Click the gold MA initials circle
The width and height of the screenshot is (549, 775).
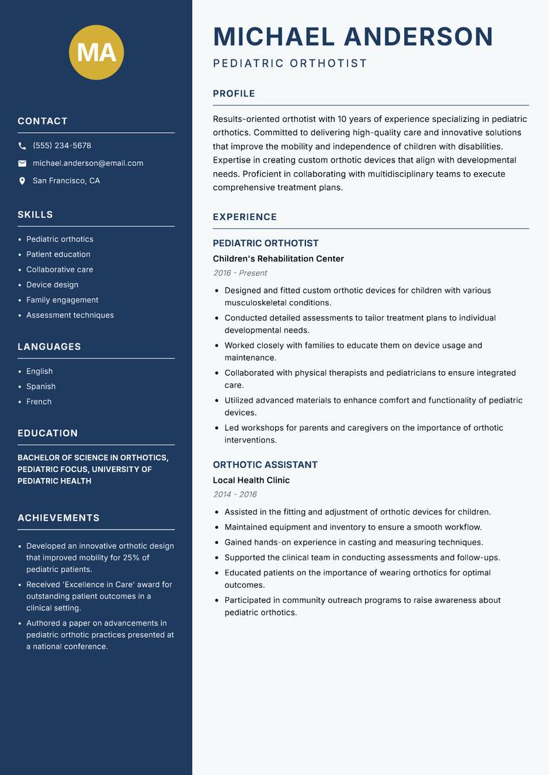97,52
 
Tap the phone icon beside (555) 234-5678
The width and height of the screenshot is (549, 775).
22,146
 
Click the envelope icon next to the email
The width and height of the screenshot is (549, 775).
22,163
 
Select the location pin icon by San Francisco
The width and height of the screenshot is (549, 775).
22,181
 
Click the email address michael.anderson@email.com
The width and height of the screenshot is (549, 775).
88,163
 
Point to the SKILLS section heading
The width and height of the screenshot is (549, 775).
35,215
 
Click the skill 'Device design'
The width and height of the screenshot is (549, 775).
52,285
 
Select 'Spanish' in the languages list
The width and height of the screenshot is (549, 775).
40,386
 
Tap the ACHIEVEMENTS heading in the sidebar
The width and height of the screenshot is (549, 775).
58,518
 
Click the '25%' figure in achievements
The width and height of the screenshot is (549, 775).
132,558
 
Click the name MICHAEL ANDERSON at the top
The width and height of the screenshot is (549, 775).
353,36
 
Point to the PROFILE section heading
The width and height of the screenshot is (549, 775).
233,94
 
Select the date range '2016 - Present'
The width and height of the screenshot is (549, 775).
240,273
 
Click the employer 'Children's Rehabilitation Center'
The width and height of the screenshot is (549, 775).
278,259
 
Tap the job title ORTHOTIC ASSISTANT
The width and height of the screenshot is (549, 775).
265,464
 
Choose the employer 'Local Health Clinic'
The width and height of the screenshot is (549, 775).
251,480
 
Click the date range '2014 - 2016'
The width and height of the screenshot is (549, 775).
234,494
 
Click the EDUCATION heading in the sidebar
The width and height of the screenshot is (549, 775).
47,433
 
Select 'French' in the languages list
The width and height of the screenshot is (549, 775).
38,401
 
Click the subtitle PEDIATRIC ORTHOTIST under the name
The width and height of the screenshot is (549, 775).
290,64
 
